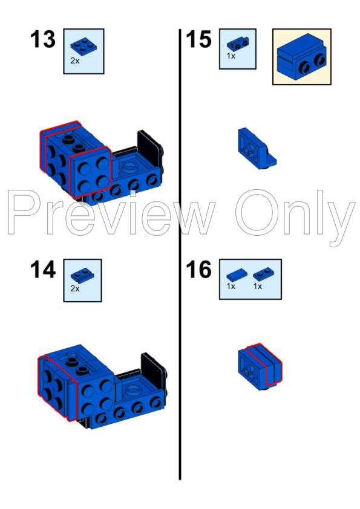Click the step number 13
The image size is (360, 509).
(42, 41)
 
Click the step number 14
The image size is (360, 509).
(42, 270)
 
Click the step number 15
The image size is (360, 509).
(198, 41)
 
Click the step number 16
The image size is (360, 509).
(198, 270)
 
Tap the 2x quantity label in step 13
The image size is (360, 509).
(74, 60)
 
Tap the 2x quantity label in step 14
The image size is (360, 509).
(74, 289)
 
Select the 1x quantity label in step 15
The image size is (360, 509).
(231, 55)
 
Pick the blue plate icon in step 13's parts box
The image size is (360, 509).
(82, 45)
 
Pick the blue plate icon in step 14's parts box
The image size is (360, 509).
(82, 275)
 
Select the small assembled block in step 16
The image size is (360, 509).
(260, 366)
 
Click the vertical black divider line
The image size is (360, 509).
(180, 254)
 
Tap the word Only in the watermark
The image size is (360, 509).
(295, 213)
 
